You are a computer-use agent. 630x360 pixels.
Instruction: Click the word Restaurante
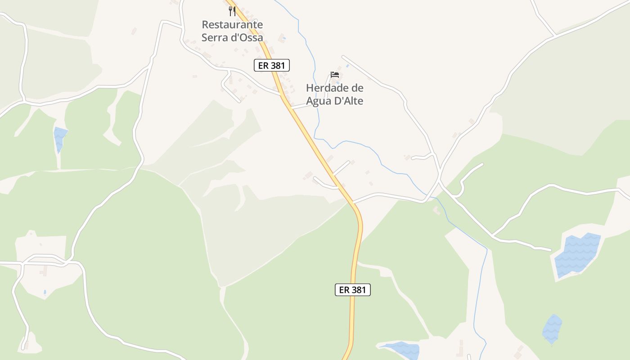pos(232,24)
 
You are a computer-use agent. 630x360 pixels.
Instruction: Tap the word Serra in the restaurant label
pos(215,37)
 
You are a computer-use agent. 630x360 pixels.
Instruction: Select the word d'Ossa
pos(247,37)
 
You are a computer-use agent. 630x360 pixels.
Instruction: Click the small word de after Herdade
pos(357,88)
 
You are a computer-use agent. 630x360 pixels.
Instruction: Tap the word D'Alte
pos(349,101)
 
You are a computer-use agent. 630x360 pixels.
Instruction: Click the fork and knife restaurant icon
pos(232,11)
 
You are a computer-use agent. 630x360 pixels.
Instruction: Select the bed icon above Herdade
pos(334,74)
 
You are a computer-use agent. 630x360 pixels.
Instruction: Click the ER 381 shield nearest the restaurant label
pos(272,65)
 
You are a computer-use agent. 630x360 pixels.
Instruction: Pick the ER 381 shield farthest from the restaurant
pos(353,290)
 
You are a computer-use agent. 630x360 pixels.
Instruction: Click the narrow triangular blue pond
pos(59,138)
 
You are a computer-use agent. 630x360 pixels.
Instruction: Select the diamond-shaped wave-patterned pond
pos(552,329)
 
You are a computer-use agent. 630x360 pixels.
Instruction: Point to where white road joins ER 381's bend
pos(353,202)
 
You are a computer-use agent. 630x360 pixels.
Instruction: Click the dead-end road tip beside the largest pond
pos(550,249)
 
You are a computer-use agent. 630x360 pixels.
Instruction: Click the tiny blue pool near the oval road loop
pos(45,292)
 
